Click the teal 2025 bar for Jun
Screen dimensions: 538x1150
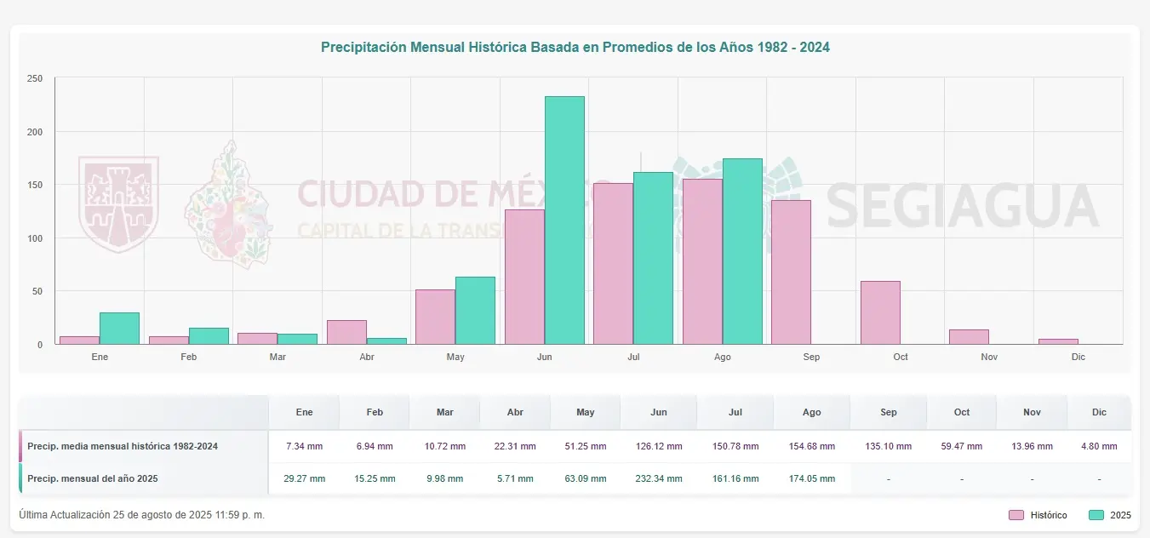coord(564,220)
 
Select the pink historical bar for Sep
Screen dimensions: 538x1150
coord(791,272)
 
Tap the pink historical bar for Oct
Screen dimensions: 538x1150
coord(880,312)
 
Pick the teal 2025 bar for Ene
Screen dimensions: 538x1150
coord(119,329)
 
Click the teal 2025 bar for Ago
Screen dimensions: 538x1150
coord(742,251)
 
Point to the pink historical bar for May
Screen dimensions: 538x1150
coord(435,317)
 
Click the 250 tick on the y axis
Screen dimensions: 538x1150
coord(35,79)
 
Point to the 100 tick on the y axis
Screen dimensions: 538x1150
coord(35,238)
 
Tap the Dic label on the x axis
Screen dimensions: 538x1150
coord(1078,357)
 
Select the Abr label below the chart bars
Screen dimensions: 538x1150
coord(367,357)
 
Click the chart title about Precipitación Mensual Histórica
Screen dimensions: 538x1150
coord(575,48)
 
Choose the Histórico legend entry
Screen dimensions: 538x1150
coord(1038,515)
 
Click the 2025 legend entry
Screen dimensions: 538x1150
coord(1110,515)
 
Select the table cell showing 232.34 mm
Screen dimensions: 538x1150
coord(658,478)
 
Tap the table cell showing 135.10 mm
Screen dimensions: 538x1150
coord(888,446)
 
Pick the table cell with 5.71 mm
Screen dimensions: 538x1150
coord(515,478)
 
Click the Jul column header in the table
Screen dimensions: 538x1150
coord(735,412)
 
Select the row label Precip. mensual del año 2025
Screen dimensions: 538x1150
coord(92,478)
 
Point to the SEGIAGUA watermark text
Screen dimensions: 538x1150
coord(962,206)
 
